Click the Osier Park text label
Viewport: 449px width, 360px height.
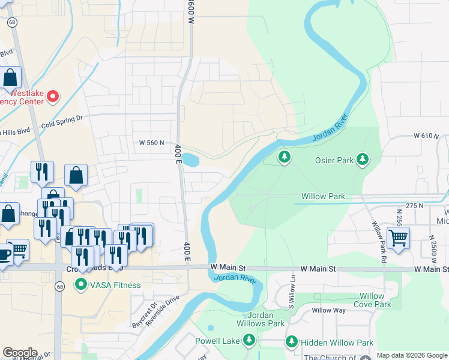333,160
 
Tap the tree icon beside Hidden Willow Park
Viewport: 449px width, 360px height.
292,341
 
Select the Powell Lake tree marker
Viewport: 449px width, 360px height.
249,341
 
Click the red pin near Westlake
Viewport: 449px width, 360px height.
53,96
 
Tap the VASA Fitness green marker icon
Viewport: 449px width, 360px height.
80,285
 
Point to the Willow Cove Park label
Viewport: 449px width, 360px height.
372,300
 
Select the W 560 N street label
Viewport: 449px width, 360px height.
151,143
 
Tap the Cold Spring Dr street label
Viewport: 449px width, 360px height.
62,122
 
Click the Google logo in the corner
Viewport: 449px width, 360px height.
20,353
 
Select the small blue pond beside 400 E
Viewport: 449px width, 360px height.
190,160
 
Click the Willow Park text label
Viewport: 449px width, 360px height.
323,196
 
